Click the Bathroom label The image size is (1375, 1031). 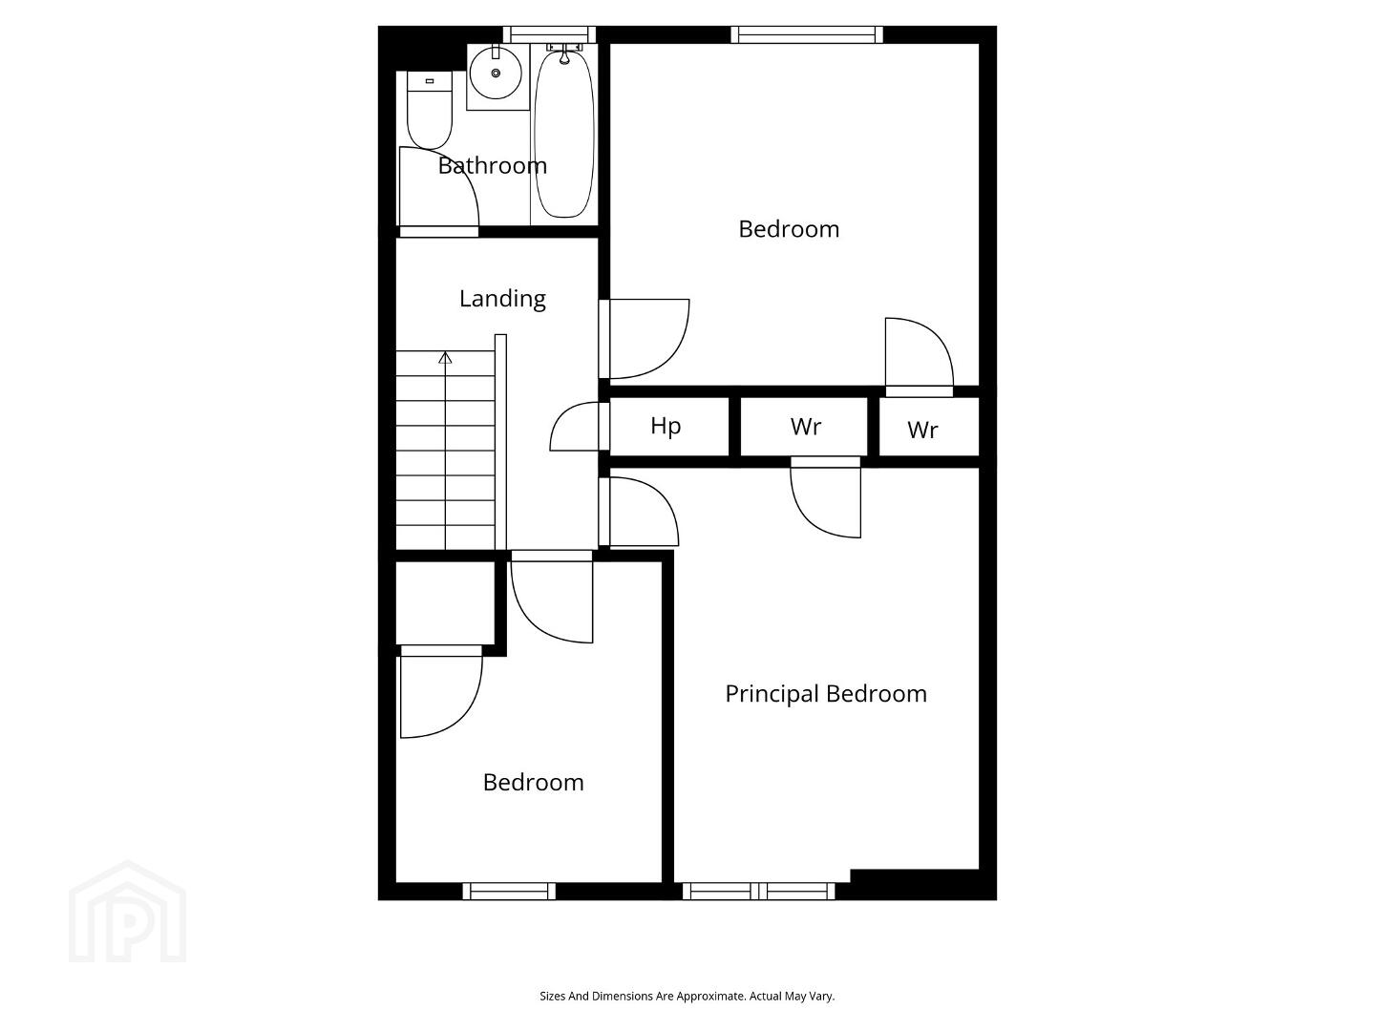493,166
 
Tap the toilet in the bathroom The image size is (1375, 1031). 429,110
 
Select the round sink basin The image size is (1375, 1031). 496,74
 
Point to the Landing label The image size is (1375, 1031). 502,299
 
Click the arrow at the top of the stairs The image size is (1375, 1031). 445,358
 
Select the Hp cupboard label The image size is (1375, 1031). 666,427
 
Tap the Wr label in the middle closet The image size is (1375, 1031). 806,427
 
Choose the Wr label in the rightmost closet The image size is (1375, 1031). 922,430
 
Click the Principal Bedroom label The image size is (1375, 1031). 826,694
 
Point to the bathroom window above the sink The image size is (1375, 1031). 549,34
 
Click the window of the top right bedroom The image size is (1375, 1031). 807,34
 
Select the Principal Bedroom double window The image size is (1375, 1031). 758,891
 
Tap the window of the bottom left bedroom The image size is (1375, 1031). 509,891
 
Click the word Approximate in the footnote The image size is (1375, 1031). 713,996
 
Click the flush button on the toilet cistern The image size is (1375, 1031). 430,81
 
